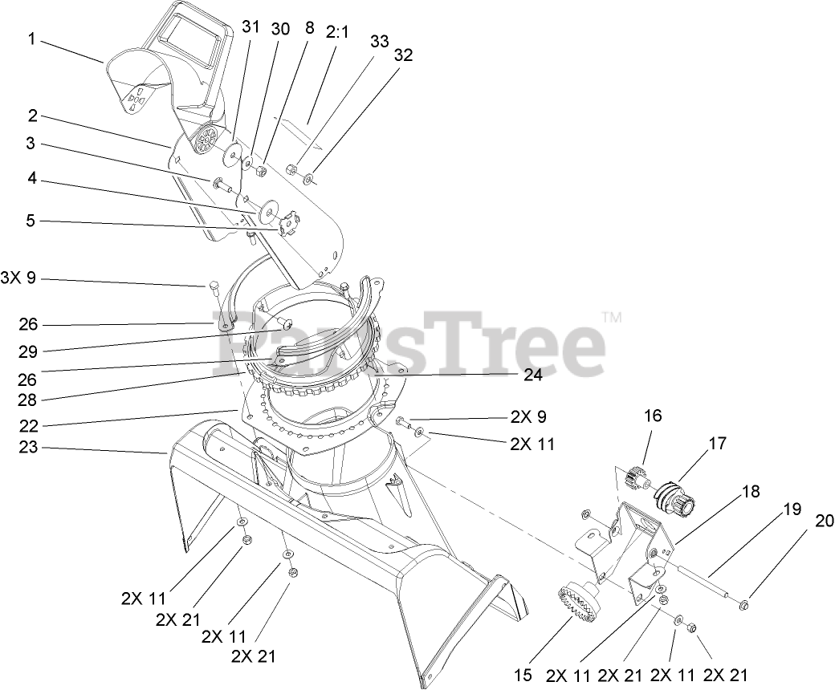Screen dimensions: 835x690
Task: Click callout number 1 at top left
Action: [32, 37]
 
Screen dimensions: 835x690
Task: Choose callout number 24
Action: [533, 374]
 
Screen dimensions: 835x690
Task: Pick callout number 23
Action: [28, 448]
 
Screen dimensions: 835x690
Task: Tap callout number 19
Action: [792, 509]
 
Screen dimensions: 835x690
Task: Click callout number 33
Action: [379, 41]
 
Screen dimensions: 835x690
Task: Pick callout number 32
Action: [404, 55]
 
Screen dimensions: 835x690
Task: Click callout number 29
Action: [29, 351]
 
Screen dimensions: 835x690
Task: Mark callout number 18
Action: [750, 492]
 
